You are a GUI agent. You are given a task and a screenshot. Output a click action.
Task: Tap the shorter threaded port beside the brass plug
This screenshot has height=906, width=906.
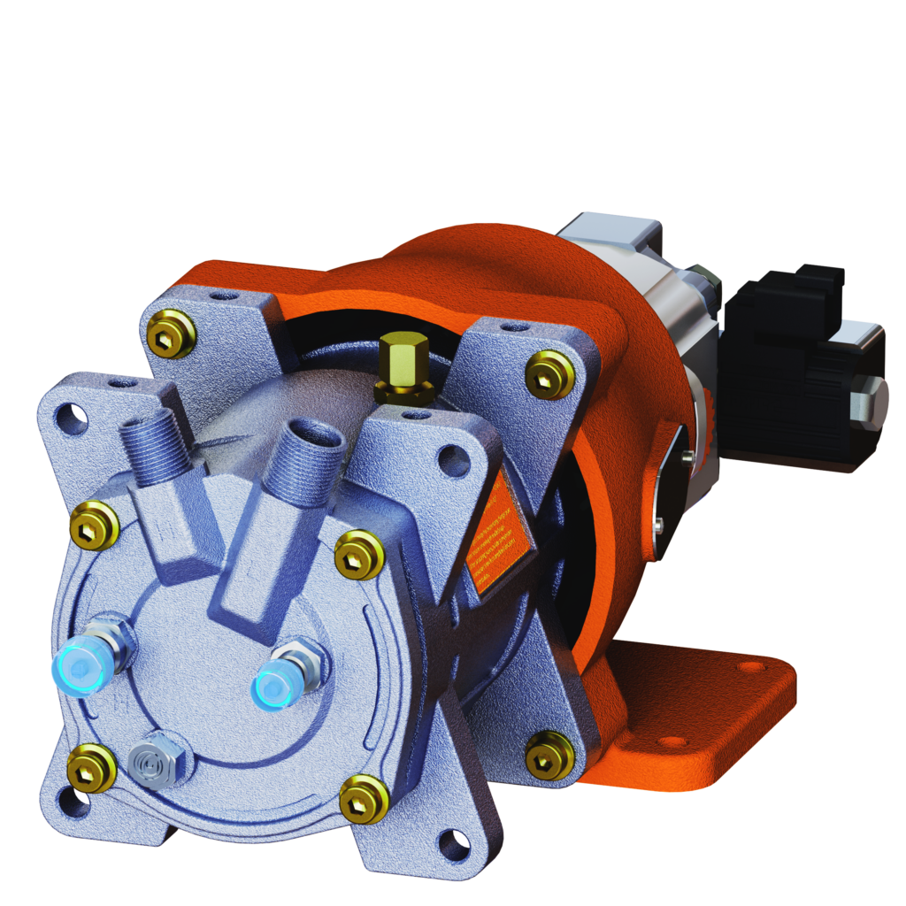(x=311, y=454)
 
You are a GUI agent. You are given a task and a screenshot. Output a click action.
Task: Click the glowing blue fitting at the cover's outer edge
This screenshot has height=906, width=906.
(x=78, y=665)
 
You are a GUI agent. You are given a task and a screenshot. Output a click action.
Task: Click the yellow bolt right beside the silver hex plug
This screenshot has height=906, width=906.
(x=92, y=767)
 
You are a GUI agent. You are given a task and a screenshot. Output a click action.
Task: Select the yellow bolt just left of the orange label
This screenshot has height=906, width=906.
(x=358, y=553)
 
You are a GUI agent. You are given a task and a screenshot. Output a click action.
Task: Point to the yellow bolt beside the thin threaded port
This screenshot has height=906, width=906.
(x=94, y=523)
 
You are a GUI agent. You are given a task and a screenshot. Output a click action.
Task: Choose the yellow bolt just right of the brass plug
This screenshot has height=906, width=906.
(x=549, y=373)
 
